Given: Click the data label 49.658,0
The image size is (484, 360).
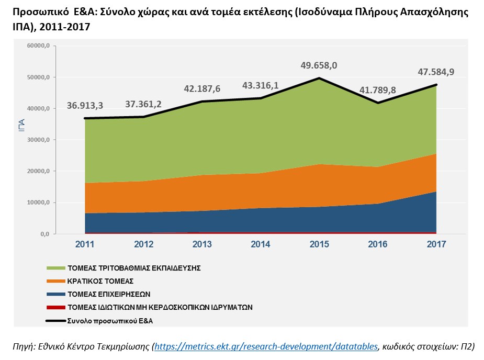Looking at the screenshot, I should (x=319, y=65).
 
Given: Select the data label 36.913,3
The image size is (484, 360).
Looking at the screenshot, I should (x=85, y=105).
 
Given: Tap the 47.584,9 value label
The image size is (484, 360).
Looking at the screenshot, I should (x=435, y=72).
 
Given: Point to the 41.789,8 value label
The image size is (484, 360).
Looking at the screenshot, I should (x=378, y=89).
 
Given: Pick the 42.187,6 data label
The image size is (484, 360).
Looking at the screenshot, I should (x=202, y=88).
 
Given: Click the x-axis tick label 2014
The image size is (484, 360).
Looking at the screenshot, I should (x=261, y=244).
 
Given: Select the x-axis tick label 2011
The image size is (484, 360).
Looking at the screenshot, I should (x=85, y=244).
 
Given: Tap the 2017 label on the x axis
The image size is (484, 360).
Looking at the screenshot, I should (x=436, y=244).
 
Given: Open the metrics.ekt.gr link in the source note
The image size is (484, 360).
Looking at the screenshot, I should (x=266, y=346).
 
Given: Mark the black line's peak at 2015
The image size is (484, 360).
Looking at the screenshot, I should (x=319, y=78).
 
